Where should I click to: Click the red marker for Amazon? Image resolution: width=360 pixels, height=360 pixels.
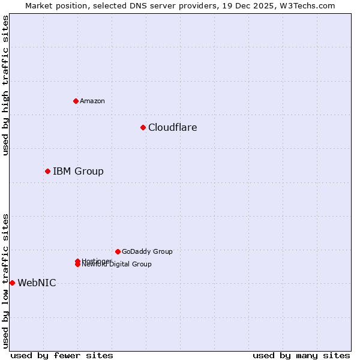tap(76, 101)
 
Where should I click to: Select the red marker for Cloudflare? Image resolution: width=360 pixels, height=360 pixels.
tap(143, 127)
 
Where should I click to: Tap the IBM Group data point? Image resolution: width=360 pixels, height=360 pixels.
tap(47, 171)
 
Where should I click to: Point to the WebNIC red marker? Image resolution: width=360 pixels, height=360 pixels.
tap(12, 283)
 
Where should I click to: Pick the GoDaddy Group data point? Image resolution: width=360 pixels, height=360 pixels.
tap(118, 251)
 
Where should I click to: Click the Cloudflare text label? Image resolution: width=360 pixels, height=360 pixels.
tap(172, 127)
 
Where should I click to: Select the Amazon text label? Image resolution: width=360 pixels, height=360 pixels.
tap(92, 101)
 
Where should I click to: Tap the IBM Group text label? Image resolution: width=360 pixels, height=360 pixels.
tap(78, 171)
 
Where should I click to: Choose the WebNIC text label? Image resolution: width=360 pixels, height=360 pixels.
tap(37, 283)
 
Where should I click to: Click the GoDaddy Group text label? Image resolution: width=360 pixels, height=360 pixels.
tap(147, 251)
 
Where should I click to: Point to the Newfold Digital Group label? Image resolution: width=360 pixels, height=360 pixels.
tap(117, 265)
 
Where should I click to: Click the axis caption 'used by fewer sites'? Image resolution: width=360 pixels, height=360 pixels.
tap(62, 355)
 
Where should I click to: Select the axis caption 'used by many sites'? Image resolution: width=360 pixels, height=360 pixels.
tap(301, 355)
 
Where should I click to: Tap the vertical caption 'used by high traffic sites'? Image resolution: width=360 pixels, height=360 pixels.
tap(5, 85)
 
